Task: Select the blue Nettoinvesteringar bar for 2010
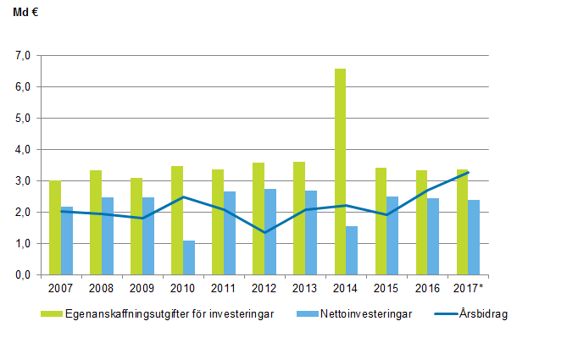189,258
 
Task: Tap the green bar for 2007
55,228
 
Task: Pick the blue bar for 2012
270,232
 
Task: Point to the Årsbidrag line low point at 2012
264,232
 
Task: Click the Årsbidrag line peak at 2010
183,197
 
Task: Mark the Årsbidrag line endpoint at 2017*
468,172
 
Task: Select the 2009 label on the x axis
142,288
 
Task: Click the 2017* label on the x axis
469,288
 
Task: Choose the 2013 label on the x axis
305,288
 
